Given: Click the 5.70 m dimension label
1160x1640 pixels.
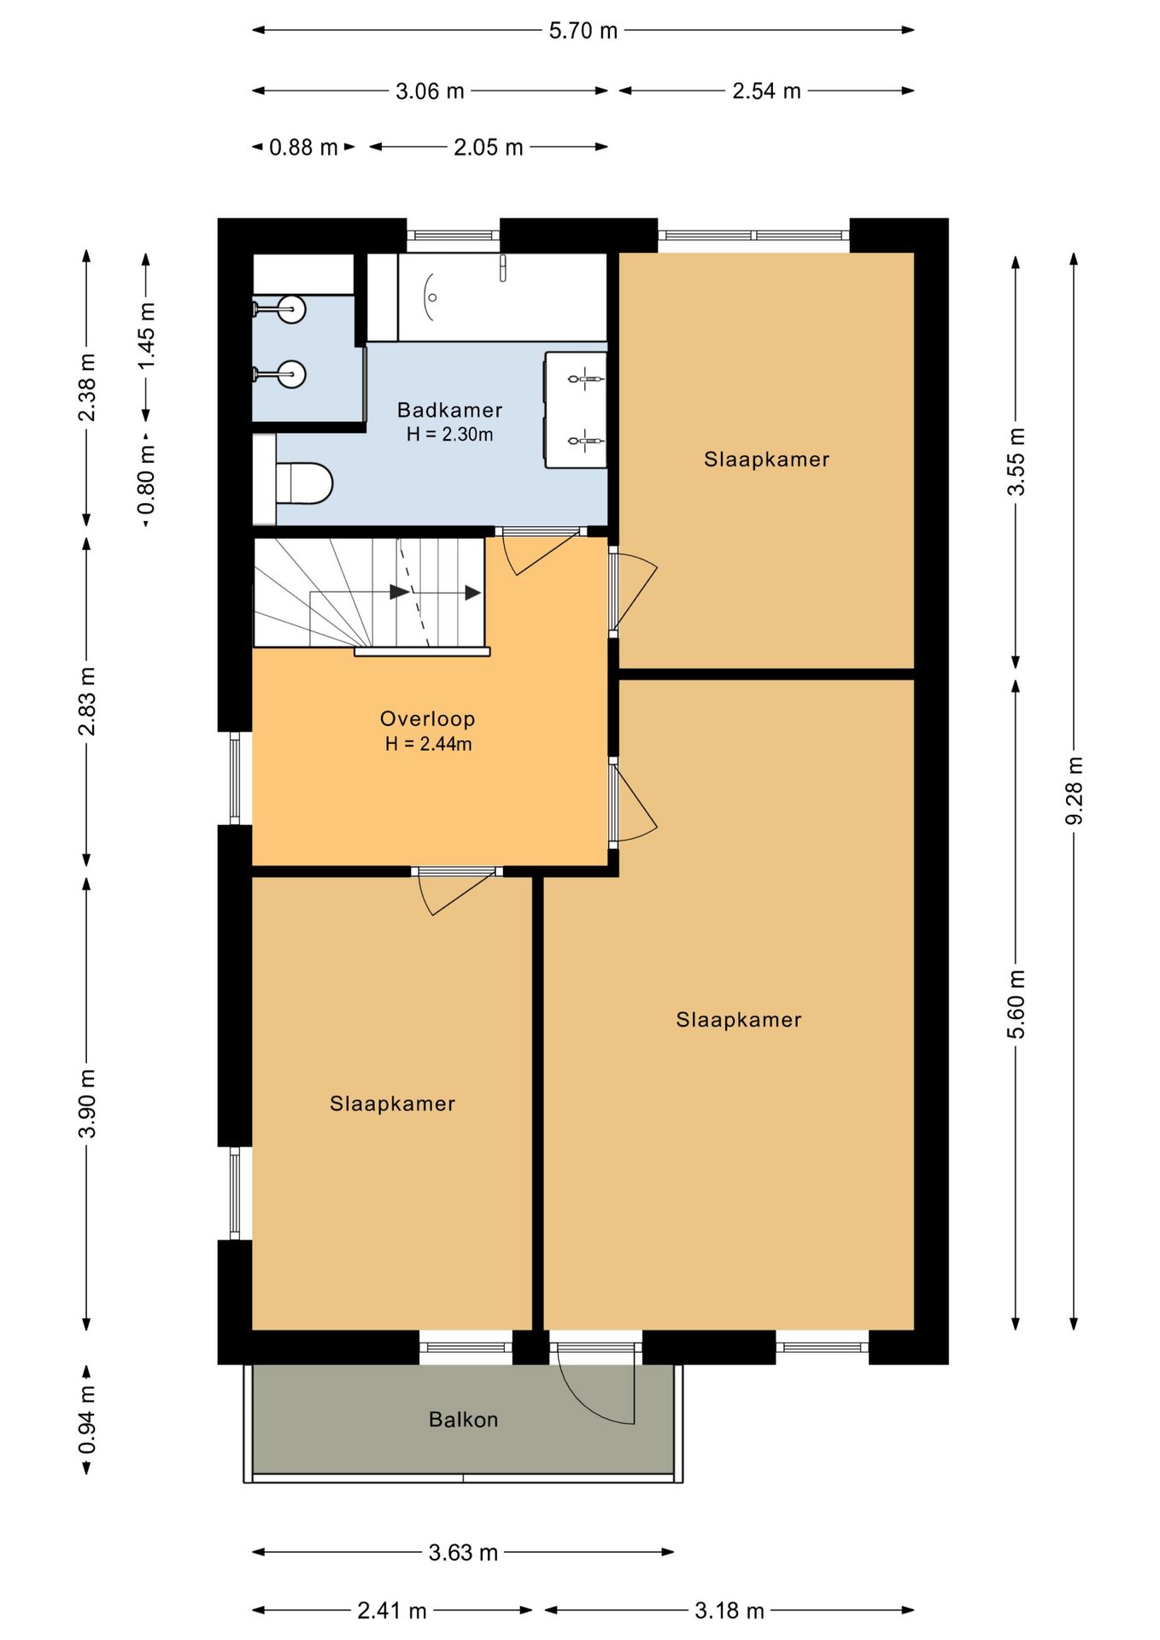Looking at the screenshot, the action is tap(583, 31).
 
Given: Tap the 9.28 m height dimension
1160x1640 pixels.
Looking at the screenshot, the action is tap(1074, 791).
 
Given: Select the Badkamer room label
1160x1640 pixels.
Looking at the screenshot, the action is tap(449, 410).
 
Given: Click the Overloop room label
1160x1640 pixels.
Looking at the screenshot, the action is tap(427, 718).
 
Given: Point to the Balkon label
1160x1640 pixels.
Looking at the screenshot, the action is tap(463, 1420).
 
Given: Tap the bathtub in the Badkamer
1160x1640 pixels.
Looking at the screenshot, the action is tap(502, 296).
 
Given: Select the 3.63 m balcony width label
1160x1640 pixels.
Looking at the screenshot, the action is tap(463, 1552).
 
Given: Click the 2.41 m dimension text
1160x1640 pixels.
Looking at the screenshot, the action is tap(391, 1610).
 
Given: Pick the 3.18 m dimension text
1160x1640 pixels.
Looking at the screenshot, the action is tap(729, 1610).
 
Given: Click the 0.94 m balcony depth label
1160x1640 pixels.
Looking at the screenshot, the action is tap(87, 1420).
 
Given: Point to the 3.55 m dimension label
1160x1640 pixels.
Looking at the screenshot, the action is tap(1016, 461).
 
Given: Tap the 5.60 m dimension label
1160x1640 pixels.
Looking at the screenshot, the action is tap(1016, 1004).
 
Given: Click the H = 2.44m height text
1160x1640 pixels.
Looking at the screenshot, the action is tap(428, 744).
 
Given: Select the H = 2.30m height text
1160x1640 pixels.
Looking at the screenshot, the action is tap(449, 434).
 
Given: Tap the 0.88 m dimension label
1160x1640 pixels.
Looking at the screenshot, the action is tap(303, 147).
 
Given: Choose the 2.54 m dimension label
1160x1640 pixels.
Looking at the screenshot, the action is tap(766, 91).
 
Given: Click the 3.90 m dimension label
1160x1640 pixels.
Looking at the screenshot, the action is tap(87, 1104).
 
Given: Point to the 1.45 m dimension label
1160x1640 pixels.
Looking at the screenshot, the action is tap(146, 336).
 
